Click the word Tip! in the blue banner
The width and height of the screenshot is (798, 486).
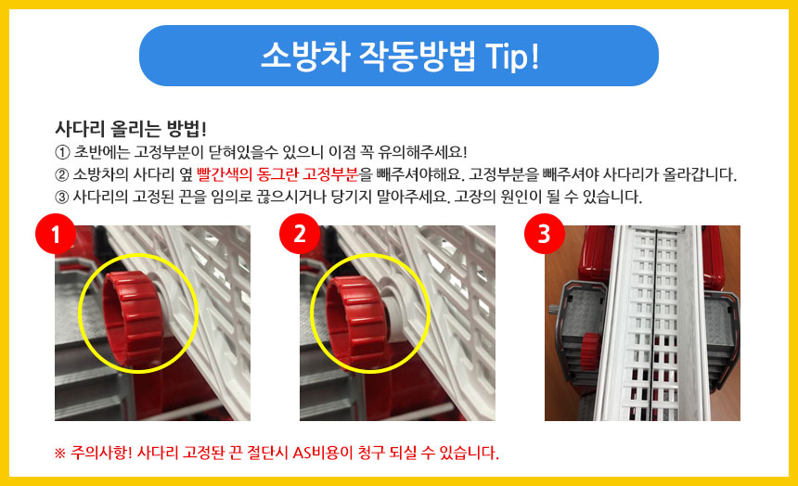512,56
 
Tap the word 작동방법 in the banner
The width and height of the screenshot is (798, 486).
418,56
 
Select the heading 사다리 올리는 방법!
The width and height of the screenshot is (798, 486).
131,129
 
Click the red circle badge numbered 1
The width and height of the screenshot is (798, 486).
56,234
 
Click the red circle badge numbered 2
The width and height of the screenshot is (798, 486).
300,234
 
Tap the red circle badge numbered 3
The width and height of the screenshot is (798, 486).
545,234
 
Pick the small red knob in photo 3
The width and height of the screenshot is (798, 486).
590,352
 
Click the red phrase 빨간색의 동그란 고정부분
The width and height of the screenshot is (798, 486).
277,174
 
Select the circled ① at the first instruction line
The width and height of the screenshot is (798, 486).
61,152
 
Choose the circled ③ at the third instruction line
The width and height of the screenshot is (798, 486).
61,197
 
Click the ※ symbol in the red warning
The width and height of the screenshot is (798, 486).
60,453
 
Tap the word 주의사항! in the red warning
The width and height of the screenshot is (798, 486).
101,452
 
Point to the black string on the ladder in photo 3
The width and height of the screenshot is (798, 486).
656,326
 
